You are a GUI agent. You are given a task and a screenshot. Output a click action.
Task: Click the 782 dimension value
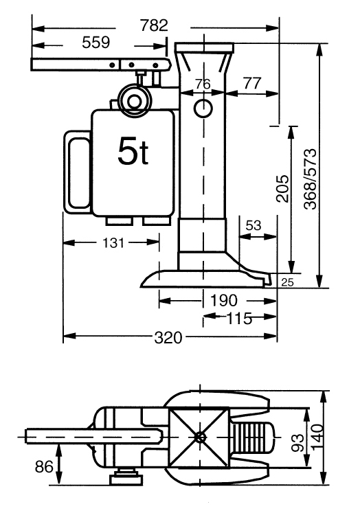coord(154,25)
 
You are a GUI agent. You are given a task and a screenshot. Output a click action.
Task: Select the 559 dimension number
coord(95,43)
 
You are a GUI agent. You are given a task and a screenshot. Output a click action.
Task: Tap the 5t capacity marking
coord(133,151)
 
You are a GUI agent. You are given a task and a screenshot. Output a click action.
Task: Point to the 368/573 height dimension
coord(311,179)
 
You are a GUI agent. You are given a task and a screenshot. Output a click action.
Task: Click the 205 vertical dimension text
coord(283,188)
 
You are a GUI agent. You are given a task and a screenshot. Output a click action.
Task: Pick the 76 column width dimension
coord(203,84)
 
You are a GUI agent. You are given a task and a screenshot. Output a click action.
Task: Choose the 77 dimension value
coord(252,83)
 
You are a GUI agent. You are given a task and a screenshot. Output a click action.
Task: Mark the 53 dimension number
coord(254,225)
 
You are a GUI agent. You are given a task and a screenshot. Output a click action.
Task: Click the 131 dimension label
coord(113,242)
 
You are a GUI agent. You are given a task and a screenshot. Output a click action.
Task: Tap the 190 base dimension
coord(223,300)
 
